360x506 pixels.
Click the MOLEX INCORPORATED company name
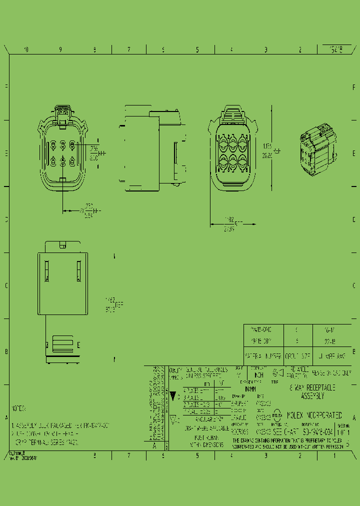[x=314, y=415]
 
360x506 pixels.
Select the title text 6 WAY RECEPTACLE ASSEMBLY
[x=312, y=391]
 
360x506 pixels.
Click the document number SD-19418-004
[x=318, y=431]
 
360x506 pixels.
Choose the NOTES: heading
[x=18, y=409]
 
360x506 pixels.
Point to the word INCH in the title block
[x=258, y=374]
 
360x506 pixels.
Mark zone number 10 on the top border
[x=26, y=49]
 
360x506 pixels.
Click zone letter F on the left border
[x=6, y=86]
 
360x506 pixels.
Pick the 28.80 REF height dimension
[x=268, y=155]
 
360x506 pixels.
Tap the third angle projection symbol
[x=277, y=372]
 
